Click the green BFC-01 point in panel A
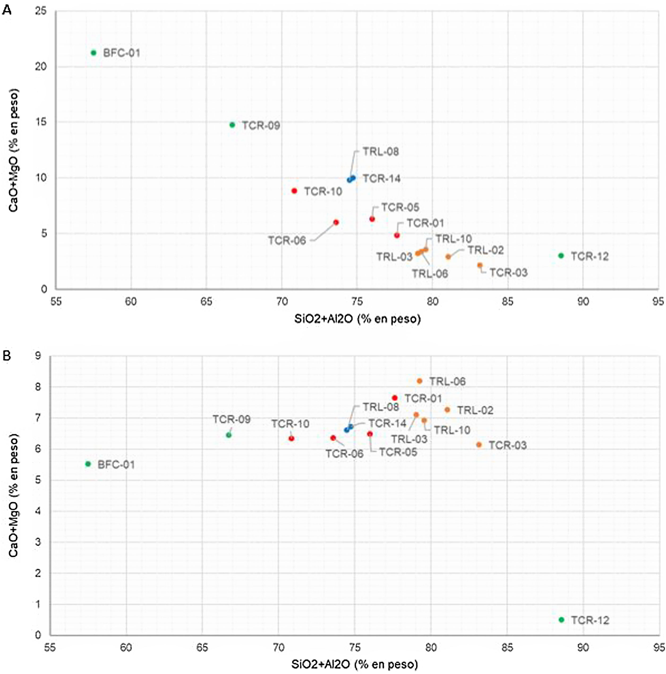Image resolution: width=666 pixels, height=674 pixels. tap(93, 53)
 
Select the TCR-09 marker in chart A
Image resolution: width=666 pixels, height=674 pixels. tap(232, 125)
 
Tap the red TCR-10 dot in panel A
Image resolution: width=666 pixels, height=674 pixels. tap(294, 191)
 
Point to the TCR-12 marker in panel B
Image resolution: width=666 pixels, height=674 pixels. tap(561, 620)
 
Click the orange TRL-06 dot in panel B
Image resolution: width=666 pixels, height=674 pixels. tap(420, 381)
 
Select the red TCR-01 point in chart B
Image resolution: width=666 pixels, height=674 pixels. tap(395, 398)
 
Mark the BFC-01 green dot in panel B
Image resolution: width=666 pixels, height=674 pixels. tap(88, 464)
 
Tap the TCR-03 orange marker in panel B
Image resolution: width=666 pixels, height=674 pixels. tap(479, 444)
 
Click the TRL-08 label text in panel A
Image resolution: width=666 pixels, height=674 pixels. tap(381, 152)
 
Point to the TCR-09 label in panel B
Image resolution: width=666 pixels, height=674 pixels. tap(232, 419)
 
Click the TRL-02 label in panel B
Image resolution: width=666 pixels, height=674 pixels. tap(475, 410)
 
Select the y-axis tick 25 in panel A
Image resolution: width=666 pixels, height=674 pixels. tap(41, 11)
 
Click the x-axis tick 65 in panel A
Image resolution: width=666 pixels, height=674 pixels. tap(206, 301)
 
